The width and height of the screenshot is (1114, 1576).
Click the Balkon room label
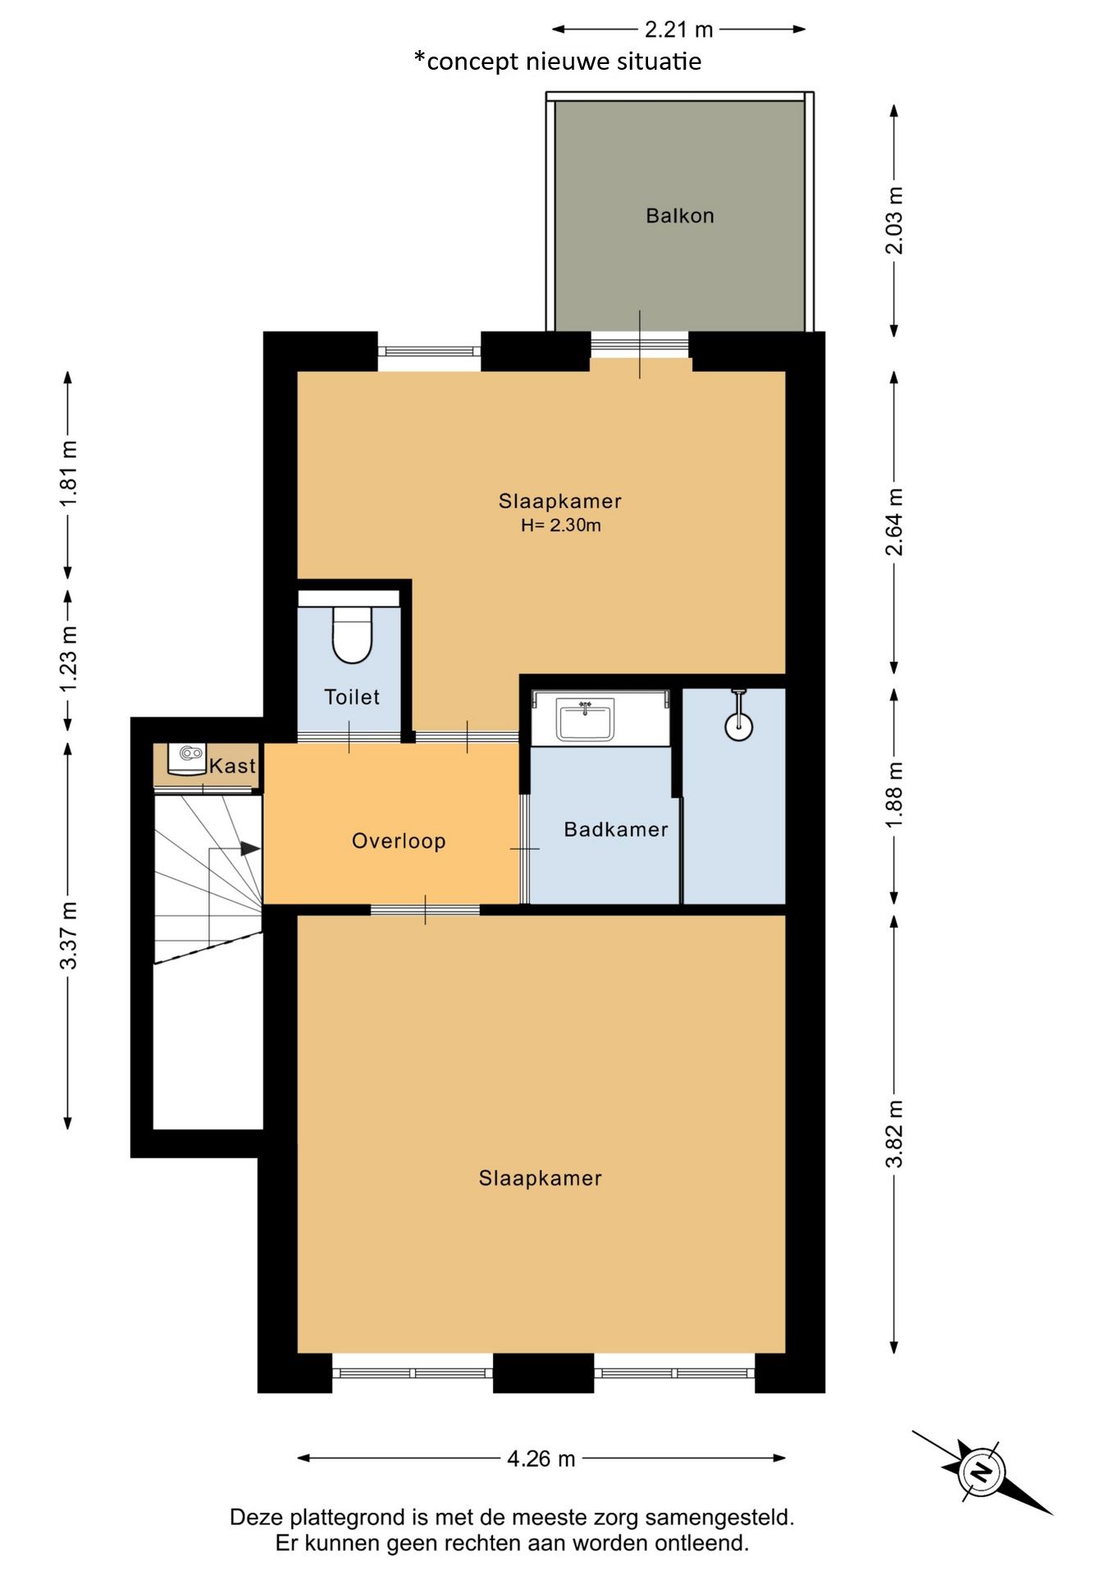coord(679,216)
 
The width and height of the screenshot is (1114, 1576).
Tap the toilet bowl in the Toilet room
coord(352,634)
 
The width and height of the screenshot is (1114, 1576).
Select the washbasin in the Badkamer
coord(585,721)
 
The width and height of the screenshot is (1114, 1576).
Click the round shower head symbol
coord(739,726)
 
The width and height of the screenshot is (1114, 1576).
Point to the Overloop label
coord(399,841)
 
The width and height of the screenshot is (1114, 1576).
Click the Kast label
coord(233,766)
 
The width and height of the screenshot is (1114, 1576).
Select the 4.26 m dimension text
coord(541,1459)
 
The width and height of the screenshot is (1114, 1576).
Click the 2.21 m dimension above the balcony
coord(678,30)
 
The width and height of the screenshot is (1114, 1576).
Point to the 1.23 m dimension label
coord(69,658)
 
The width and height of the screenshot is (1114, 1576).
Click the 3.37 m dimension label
coord(69,935)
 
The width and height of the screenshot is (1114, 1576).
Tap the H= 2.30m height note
coord(561,525)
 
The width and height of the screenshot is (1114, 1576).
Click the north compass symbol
coord(980,1472)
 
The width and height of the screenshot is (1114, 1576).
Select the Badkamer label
coord(616,830)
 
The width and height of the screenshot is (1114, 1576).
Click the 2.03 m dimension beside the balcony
coord(895,221)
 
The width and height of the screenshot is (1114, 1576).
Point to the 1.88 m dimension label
coord(895,795)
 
